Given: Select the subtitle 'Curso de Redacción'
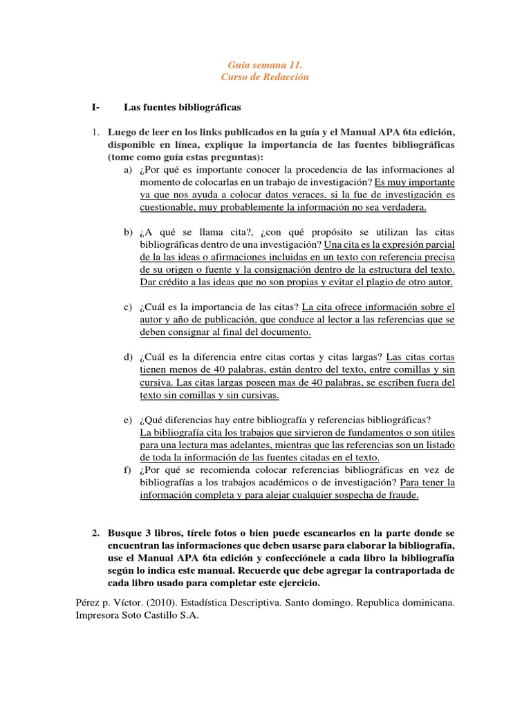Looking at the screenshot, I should coord(265,77).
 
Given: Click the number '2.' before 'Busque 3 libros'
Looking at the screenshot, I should coord(97,533).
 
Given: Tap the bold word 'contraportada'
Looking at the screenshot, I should coord(407,570).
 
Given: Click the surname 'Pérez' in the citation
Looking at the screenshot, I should coord(87,602).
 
